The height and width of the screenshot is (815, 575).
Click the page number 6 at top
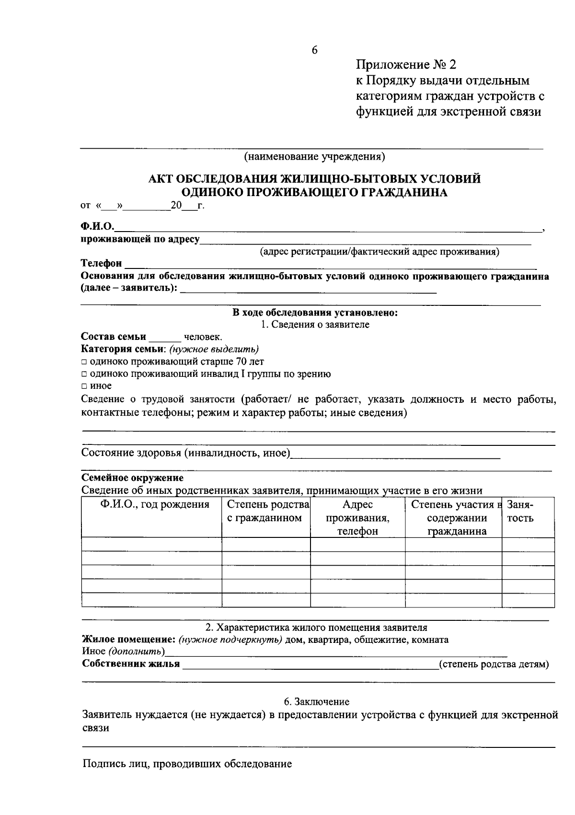(315, 50)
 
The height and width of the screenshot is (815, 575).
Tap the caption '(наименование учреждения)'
(314, 156)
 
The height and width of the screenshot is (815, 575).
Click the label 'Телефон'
(101, 264)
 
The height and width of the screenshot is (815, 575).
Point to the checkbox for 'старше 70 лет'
(84, 362)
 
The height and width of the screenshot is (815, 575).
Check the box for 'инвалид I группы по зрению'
(84, 374)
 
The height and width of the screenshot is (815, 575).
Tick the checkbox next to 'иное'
(84, 386)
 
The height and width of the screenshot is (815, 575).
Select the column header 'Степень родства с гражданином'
(266, 511)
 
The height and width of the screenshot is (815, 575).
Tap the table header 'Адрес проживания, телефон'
(357, 518)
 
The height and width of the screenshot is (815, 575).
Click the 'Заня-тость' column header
(521, 511)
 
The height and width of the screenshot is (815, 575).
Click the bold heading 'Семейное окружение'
(133, 478)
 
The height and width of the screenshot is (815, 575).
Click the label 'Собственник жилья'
(131, 664)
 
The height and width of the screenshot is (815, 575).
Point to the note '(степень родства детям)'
(494, 664)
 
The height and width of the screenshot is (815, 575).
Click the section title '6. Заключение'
(316, 702)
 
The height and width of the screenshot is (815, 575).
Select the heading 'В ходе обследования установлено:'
(315, 313)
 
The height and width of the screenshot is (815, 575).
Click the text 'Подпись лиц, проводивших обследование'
(187, 764)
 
